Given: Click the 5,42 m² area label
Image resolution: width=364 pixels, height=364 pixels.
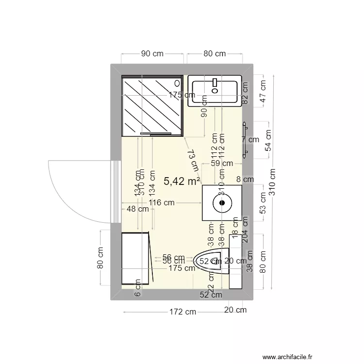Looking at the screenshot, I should pos(182,182).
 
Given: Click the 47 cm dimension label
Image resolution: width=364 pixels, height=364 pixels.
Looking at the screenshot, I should pos(263,91).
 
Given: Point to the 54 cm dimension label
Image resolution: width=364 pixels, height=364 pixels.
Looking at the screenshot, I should pos(268,141).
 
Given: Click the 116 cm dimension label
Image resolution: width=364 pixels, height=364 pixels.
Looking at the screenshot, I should pos(162,203).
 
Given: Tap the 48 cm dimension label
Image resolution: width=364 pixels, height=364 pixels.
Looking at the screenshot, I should pos(137,209).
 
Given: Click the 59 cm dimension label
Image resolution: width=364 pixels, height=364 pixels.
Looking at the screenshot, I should pos(221,164).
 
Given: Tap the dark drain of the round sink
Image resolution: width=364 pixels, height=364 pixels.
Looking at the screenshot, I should pos(222,203).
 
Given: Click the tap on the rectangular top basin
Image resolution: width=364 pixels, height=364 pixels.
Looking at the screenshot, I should pos(215,88).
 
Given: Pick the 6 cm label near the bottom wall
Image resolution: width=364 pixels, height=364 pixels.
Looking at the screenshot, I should pos(137,291).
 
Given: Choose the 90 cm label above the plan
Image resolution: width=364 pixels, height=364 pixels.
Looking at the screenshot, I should pos(152,54).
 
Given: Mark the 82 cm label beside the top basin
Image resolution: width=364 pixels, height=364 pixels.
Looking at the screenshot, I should pos(245,93).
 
